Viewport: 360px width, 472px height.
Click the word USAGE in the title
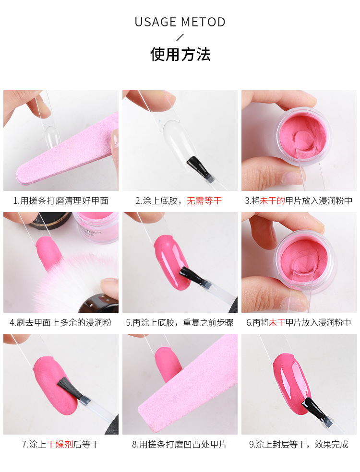pos(155,22)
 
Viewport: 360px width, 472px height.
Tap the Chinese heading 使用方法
pos(180,54)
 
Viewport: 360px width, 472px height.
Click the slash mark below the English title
pos(180,37)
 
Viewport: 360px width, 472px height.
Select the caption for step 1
pos(61,201)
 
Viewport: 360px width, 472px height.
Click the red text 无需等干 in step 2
pos(204,201)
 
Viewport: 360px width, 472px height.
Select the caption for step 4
pos(61,322)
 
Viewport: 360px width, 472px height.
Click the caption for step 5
pos(180,322)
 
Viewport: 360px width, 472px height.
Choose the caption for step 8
pos(180,444)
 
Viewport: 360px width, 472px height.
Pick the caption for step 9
pos(299,444)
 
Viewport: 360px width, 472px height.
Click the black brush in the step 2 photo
pos(197,165)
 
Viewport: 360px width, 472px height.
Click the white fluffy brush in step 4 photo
pos(72,283)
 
